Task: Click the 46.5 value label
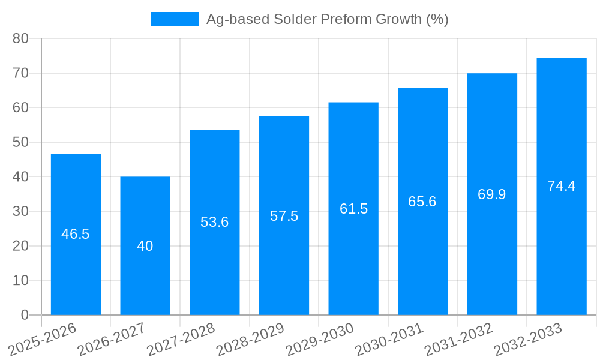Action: [x=76, y=234]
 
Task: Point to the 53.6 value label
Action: [x=215, y=222]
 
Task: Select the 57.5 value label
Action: [x=284, y=216]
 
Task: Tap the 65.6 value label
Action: [x=422, y=202]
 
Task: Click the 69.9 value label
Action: [x=492, y=194]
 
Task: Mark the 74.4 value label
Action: [x=562, y=186]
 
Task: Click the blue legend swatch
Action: [x=175, y=19]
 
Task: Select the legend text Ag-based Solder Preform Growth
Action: [x=327, y=19]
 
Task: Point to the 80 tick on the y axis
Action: [x=21, y=38]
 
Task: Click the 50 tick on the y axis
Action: [x=21, y=142]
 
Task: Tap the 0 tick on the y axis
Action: [x=25, y=315]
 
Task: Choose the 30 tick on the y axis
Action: [x=21, y=211]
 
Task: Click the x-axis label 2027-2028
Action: [x=181, y=339]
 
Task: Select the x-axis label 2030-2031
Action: [x=389, y=339]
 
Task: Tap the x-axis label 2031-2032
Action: [x=459, y=339]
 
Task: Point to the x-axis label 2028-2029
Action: [x=251, y=339]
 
